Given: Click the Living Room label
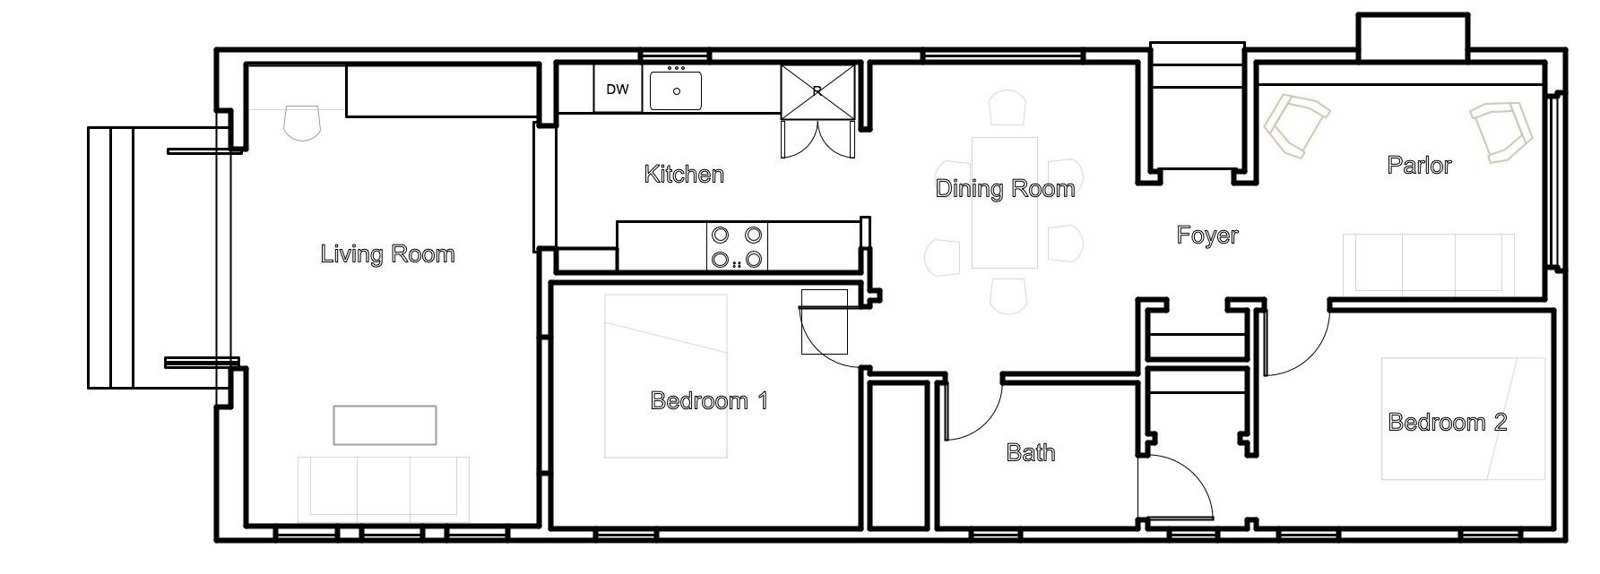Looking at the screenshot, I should coord(387,254).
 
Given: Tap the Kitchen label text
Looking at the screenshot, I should coord(684,174).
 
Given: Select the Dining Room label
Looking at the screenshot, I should coord(1005,188).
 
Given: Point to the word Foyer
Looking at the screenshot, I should coord(1207,236).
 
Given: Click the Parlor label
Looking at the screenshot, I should coord(1419,165).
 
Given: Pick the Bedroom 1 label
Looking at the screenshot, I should coord(709,400).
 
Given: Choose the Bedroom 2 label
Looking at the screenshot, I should coord(1448,422).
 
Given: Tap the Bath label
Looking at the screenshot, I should coord(1031,452).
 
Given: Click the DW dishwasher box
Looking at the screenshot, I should coord(618,90).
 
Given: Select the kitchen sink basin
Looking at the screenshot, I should coord(676,90).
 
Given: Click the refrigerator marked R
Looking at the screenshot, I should coord(817,90).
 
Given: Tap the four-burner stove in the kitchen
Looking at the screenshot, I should coord(737,247).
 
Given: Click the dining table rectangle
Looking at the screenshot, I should coord(1005,202).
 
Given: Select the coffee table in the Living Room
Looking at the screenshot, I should coord(385,425).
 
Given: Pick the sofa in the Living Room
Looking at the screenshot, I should coord(384,489).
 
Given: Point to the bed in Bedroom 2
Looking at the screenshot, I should coord(1463,418).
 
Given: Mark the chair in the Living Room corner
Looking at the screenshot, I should coord(302,123).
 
